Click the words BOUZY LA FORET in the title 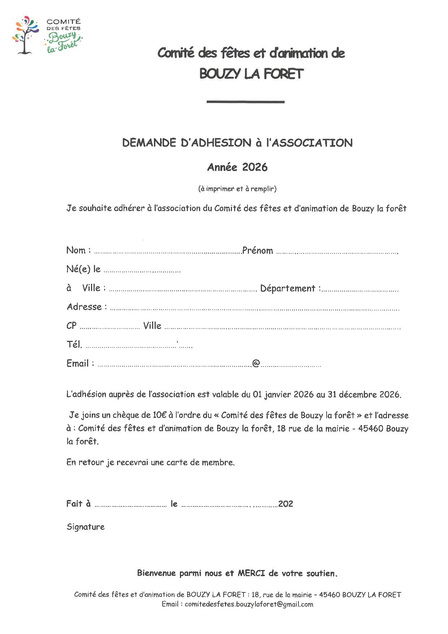pyautogui.click(x=251, y=74)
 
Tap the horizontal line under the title pyautogui.click(x=245, y=102)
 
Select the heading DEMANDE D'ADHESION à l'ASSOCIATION pyautogui.click(x=237, y=143)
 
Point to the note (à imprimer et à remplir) pyautogui.click(x=237, y=188)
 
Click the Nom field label pyautogui.click(x=76, y=250)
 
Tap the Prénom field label pyautogui.click(x=258, y=250)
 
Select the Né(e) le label pyautogui.click(x=83, y=269)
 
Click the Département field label pyautogui.click(x=288, y=288)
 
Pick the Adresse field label pyautogui.click(x=85, y=307)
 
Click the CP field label pyautogui.click(x=72, y=326)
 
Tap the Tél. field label pyautogui.click(x=74, y=344)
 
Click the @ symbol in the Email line pyautogui.click(x=256, y=363)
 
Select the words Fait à pyautogui.click(x=78, y=504)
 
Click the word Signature pyautogui.click(x=86, y=527)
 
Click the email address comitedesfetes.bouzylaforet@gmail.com pyautogui.click(x=249, y=604)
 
